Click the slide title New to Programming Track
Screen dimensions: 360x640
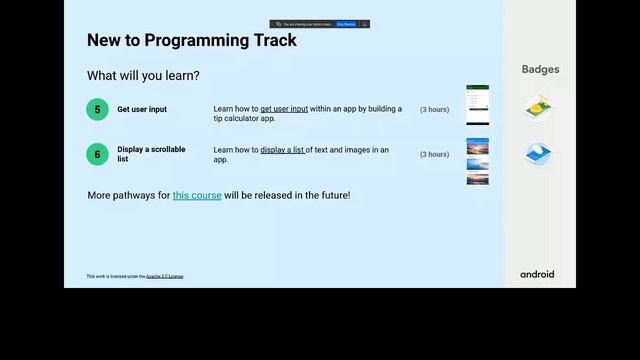(x=191, y=41)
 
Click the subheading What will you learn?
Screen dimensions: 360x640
(x=143, y=76)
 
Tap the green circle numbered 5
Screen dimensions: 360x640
(x=97, y=110)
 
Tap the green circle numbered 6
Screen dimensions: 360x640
(x=97, y=154)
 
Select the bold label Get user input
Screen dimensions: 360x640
(x=142, y=110)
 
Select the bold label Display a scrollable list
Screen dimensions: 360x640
(x=151, y=154)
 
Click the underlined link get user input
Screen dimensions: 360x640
(x=284, y=109)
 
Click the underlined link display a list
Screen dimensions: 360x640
(x=283, y=150)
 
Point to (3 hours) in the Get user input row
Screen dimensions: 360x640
(x=434, y=110)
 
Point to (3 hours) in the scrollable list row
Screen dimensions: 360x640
(x=434, y=154)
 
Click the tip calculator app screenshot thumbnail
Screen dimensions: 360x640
(x=478, y=105)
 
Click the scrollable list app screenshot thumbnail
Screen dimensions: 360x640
(x=478, y=161)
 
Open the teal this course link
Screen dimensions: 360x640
(x=197, y=195)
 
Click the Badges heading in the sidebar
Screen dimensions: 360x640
(x=540, y=70)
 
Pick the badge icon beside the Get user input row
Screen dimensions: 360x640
(x=538, y=108)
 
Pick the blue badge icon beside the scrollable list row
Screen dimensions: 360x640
(x=538, y=154)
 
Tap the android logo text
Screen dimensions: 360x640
(x=537, y=274)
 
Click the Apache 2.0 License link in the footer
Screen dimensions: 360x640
(x=164, y=276)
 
